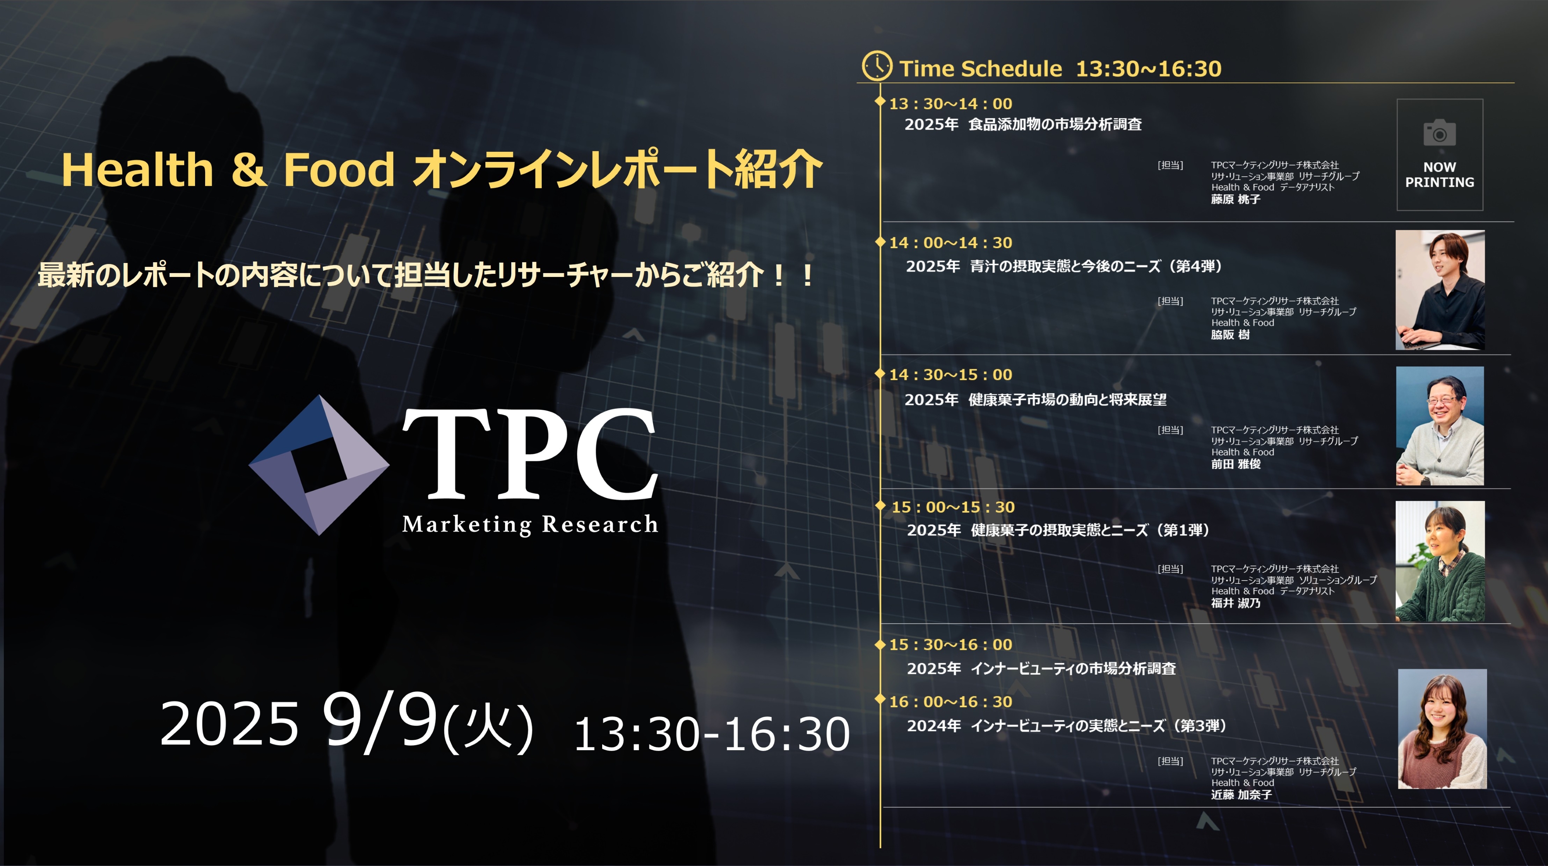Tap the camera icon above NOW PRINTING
(x=1439, y=133)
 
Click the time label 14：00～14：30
(x=951, y=242)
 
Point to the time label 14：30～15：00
(x=951, y=374)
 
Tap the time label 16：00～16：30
(x=951, y=701)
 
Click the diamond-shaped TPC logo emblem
(x=319, y=465)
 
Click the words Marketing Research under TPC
(x=530, y=524)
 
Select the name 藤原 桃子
(x=1236, y=199)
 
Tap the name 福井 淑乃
(x=1236, y=603)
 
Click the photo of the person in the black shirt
(x=1440, y=290)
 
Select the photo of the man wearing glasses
(x=1440, y=426)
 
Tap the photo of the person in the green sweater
(x=1440, y=561)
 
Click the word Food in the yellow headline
(x=339, y=170)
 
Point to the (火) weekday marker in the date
(x=488, y=728)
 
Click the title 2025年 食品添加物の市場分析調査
(x=1023, y=124)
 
